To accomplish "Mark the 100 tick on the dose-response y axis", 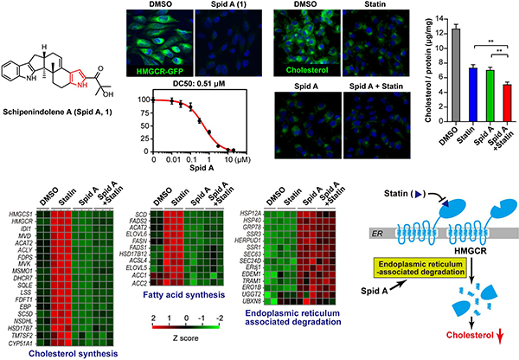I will pos(144,100).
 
